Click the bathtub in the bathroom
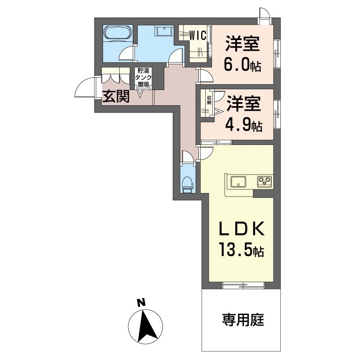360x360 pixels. coord(117,32)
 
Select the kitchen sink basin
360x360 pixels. coord(238,182)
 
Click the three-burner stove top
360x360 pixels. coord(264,182)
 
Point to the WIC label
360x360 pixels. coord(198,36)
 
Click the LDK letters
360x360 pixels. coord(242,229)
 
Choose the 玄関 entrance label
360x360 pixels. coord(116,96)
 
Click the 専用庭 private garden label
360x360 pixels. coord(243,320)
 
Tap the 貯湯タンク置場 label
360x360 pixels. coord(143,77)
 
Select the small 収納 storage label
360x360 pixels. coord(209,100)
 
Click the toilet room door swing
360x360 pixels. coord(188,156)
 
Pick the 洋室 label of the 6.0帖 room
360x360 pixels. coord(242,44)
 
